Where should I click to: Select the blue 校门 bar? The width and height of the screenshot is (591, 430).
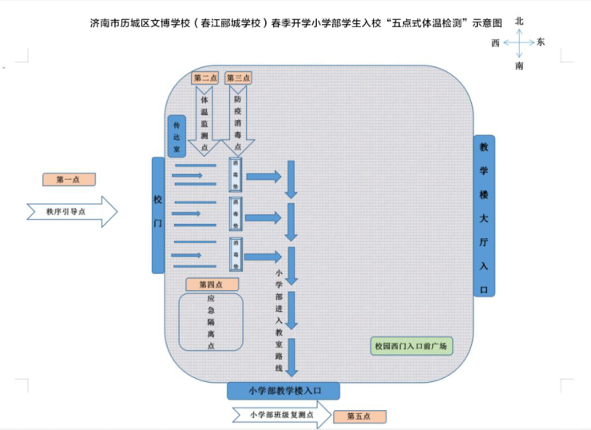[158, 214]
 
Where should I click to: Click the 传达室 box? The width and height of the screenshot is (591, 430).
[177, 137]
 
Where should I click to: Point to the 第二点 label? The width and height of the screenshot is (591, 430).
[206, 78]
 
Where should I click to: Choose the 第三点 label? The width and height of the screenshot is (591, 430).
[238, 78]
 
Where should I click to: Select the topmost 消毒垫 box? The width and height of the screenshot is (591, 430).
[236, 174]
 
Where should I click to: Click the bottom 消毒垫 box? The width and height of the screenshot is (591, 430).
[236, 254]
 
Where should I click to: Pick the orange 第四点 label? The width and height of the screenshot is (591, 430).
[212, 285]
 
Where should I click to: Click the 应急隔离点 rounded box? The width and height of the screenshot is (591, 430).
[211, 321]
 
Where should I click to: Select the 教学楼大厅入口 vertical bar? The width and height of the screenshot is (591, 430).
[484, 216]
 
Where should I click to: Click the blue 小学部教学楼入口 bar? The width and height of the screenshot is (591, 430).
[284, 390]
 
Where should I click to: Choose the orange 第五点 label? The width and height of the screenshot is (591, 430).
[359, 416]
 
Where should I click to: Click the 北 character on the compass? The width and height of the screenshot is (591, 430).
[519, 21]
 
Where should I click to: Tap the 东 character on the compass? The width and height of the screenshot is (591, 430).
[541, 42]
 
